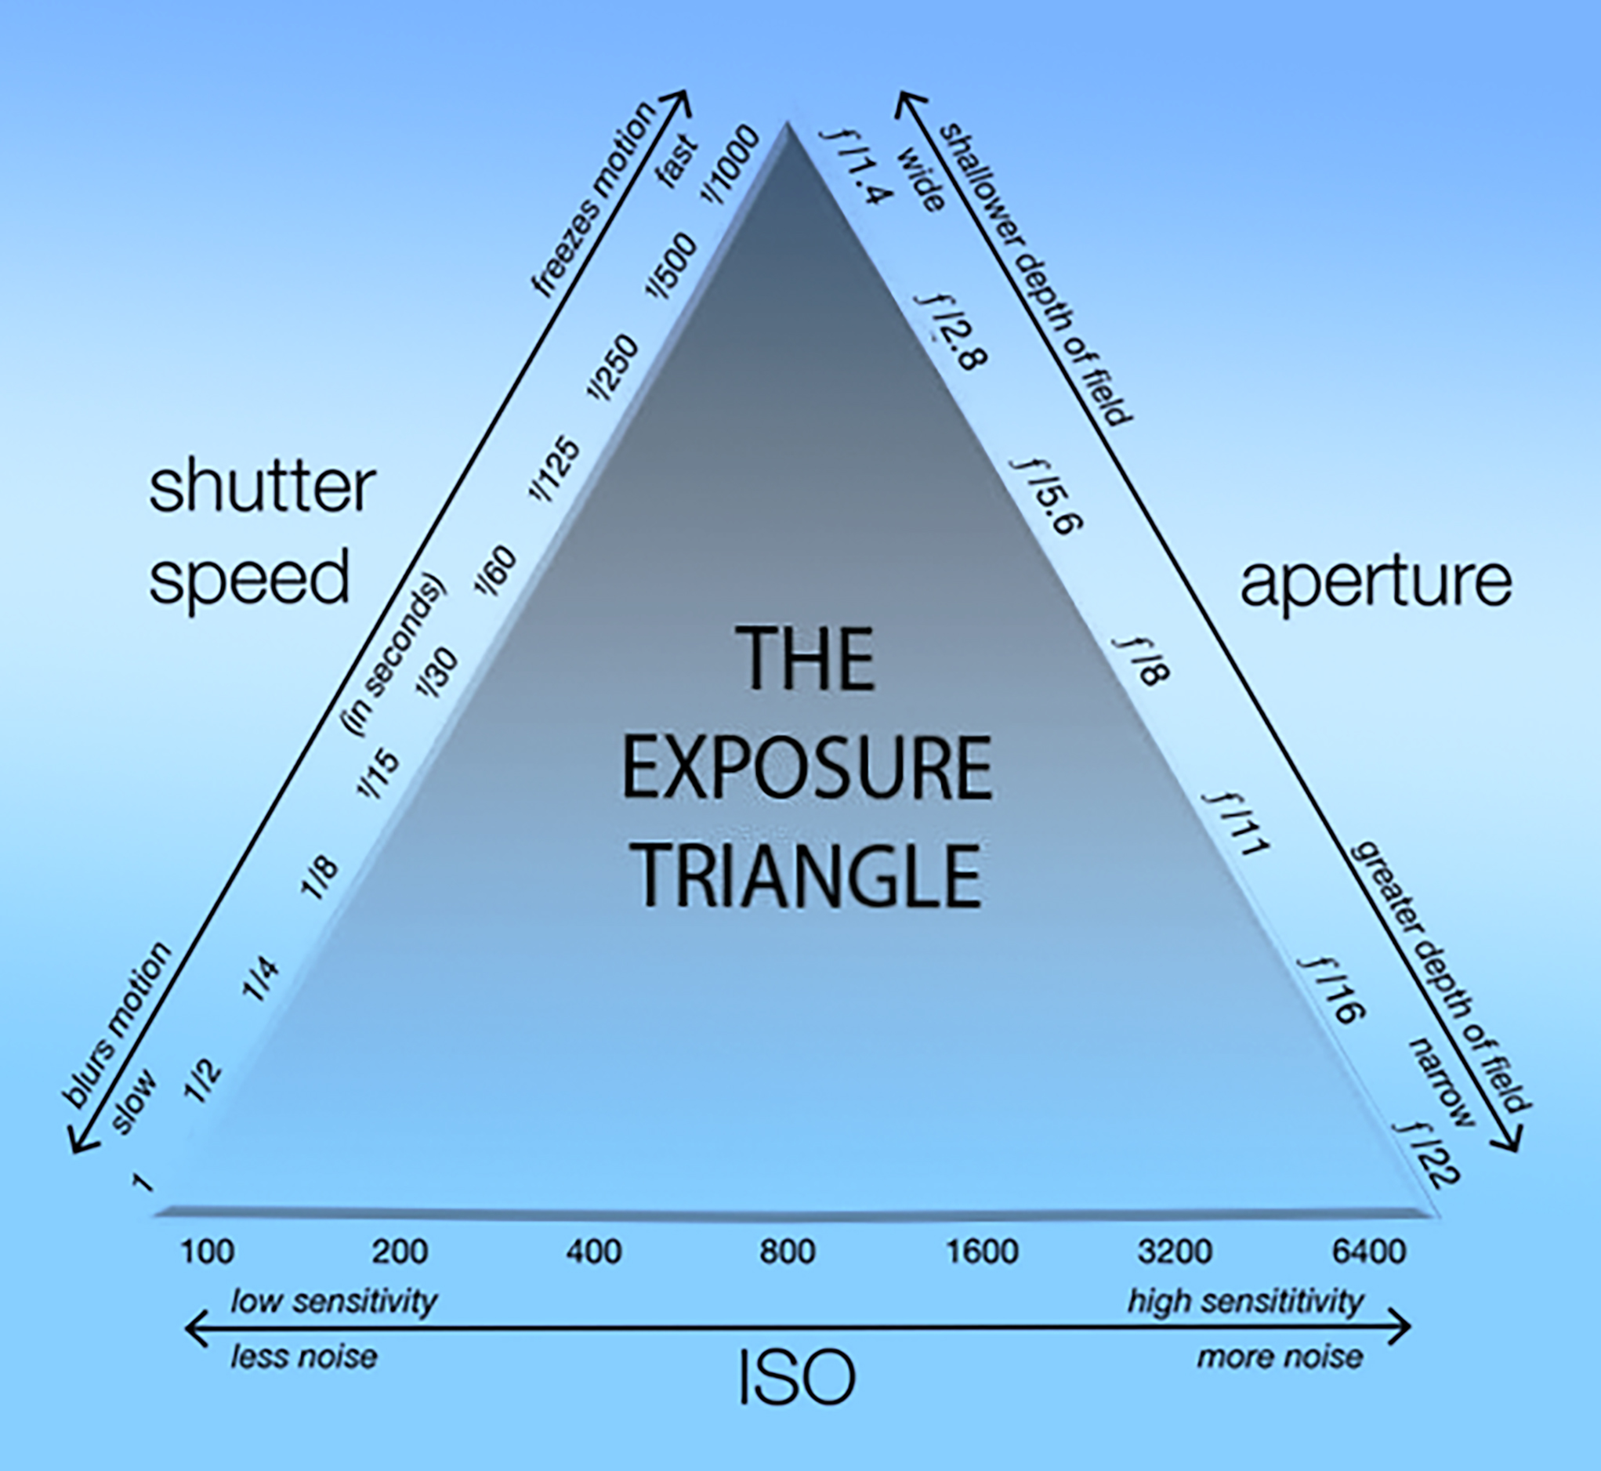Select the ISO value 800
(787, 1252)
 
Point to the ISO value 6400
(1368, 1252)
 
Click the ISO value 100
(207, 1252)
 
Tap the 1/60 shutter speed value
(495, 571)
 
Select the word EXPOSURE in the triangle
(806, 769)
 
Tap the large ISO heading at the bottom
(797, 1378)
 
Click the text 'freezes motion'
(594, 200)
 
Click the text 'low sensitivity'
(334, 1303)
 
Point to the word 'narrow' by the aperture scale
(1441, 1081)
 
